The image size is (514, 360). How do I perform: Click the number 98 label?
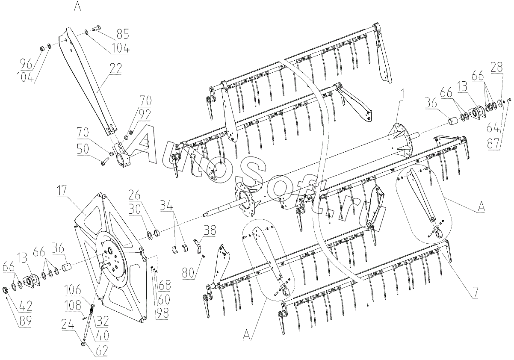click(162, 313)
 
